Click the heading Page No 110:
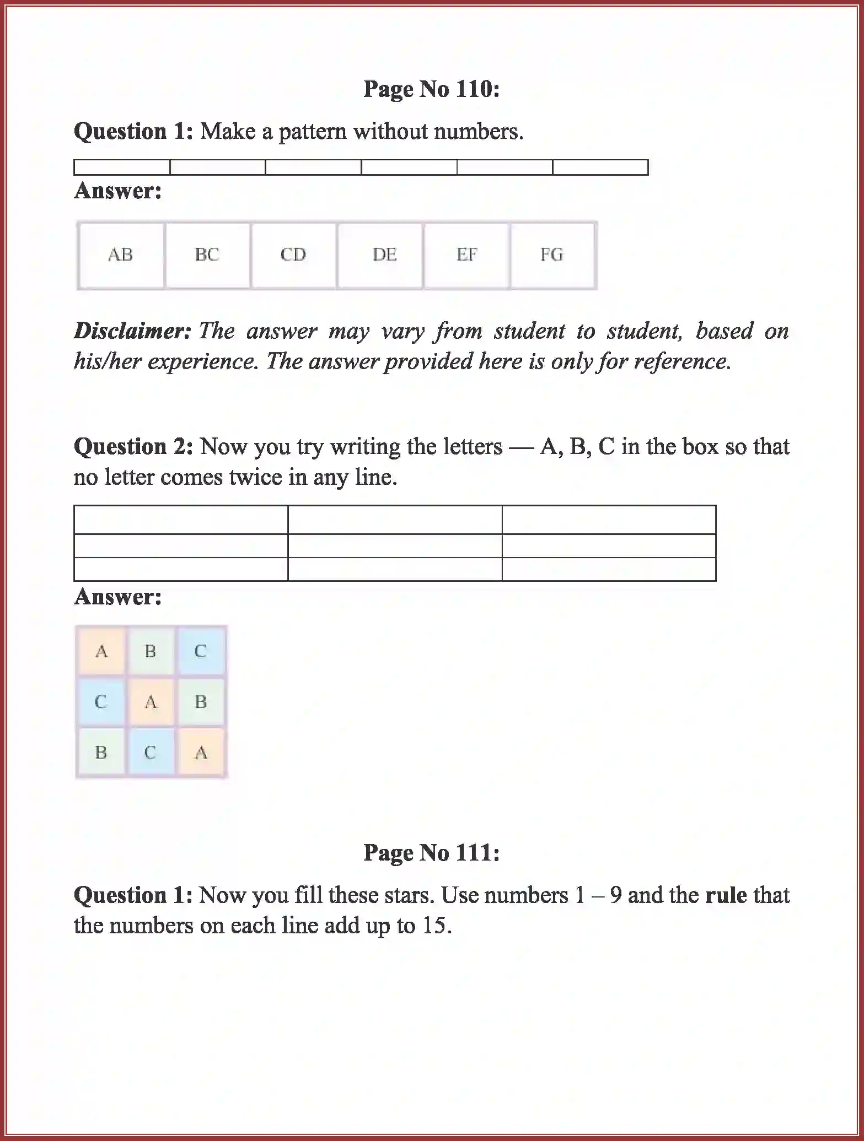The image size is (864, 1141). pyautogui.click(x=431, y=89)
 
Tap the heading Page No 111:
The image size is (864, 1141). pyautogui.click(x=431, y=853)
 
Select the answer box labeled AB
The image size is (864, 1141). pyautogui.click(x=121, y=255)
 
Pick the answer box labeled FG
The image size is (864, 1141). pyautogui.click(x=552, y=255)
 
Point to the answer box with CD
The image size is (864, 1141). pyautogui.click(x=293, y=255)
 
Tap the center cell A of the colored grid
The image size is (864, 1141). pyautogui.click(x=151, y=702)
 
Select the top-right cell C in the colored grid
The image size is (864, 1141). pyautogui.click(x=201, y=651)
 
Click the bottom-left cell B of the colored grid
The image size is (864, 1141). pyautogui.click(x=101, y=753)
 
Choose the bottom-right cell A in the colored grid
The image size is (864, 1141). pyautogui.click(x=201, y=753)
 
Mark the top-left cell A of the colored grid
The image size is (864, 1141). pyautogui.click(x=101, y=651)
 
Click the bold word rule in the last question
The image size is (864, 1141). pyautogui.click(x=726, y=895)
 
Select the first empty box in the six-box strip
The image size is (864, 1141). pyautogui.click(x=122, y=167)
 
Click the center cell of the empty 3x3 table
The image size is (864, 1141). pyautogui.click(x=395, y=545)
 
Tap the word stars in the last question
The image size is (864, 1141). pyautogui.click(x=406, y=895)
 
